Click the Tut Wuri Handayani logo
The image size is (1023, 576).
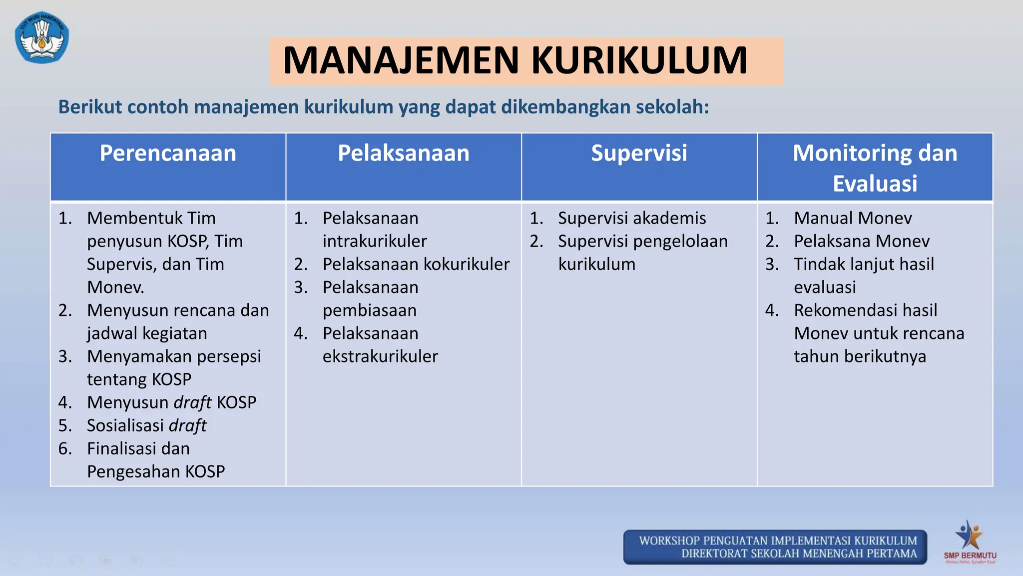[x=42, y=38]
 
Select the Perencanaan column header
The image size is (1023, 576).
[x=168, y=153]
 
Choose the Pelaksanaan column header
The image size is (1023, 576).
[x=404, y=153]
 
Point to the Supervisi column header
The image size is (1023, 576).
[x=639, y=153]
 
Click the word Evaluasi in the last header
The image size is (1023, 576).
[x=875, y=183]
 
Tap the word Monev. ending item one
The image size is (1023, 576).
[x=115, y=287]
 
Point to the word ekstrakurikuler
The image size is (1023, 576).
[x=380, y=356]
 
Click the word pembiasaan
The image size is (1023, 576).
[x=370, y=310]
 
